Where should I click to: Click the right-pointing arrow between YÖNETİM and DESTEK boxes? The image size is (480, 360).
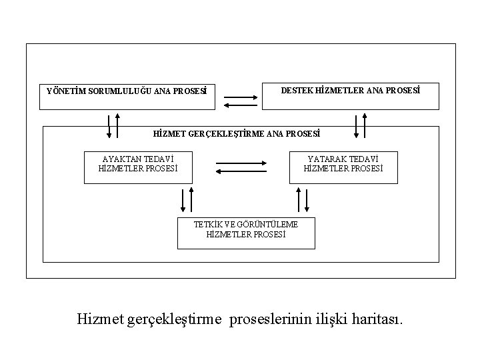click(241, 97)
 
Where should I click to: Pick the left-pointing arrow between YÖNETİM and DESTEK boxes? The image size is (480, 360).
click(241, 105)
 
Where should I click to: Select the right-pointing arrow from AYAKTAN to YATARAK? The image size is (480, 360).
click(241, 163)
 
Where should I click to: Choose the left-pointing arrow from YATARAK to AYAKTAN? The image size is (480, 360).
click(241, 171)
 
